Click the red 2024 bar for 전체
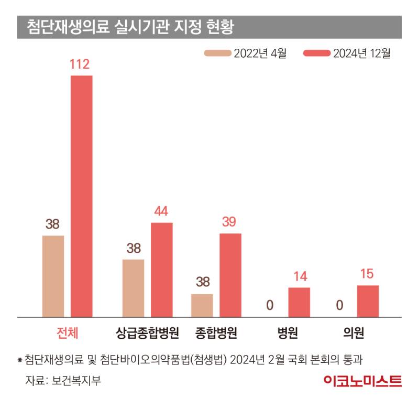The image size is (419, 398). [82, 196]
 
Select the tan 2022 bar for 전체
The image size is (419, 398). [53, 276]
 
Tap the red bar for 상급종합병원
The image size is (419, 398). [162, 270]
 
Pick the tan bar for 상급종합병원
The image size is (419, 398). [133, 288]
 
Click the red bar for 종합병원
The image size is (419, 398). [230, 275]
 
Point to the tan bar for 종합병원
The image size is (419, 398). [202, 305]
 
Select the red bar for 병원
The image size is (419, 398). [299, 302]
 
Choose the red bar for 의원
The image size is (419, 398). [368, 301]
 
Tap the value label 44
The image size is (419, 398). [161, 211]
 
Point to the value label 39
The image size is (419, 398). [229, 222]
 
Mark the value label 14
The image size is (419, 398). [300, 276]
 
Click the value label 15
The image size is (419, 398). [368, 274]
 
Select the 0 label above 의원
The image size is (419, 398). [339, 305]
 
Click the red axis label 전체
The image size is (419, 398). [68, 332]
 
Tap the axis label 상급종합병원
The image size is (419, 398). [147, 332]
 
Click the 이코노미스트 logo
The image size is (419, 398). [362, 381]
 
